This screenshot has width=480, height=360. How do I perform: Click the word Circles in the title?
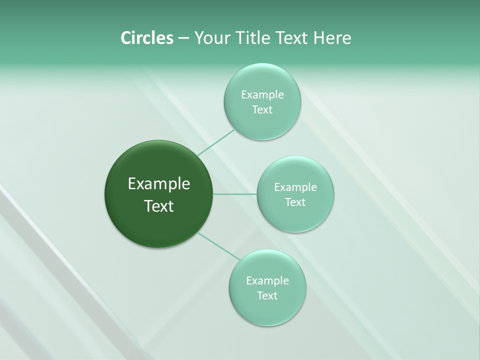pos(146,38)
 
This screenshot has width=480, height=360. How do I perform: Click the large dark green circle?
pos(159,165)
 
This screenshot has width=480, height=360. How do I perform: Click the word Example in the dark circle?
pos(159,184)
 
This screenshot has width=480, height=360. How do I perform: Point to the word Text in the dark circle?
pos(159,206)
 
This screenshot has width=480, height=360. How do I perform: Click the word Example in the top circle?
pos(262,95)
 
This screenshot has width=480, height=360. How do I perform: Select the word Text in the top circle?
pos(262,110)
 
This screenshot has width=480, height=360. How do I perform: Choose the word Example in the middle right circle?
pos(295,187)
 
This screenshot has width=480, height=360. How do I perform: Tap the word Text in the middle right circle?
pos(295,202)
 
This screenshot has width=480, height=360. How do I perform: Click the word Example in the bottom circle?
pos(267,281)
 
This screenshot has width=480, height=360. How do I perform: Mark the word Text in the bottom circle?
pos(267,296)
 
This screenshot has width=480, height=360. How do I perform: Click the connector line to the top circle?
pos(215,142)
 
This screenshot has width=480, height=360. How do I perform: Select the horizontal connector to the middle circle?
pos(235,194)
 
